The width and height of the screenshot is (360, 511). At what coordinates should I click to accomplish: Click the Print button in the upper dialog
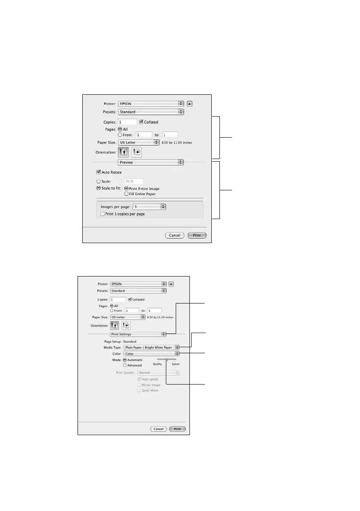pos(197,235)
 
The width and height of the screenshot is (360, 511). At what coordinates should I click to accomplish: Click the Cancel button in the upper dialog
pos(174,235)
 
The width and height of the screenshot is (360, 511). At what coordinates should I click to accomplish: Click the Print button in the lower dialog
pos(177,429)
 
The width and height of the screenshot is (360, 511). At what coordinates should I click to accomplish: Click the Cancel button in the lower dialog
pos(158,429)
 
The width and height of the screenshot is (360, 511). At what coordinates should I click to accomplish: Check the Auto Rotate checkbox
pos(99,172)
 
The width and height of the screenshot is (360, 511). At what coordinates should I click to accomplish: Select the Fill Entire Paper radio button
pos(126,194)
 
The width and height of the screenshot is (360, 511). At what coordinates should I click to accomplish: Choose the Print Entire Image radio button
pos(126,188)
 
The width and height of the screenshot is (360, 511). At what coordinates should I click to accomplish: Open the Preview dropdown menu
pos(150,162)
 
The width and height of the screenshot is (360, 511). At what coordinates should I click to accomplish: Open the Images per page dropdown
pos(149,206)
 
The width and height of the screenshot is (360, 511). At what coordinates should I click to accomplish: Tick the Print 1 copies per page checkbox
pos(102,213)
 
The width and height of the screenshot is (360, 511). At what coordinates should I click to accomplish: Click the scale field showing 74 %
pos(133,181)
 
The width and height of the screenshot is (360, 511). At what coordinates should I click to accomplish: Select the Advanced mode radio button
pos(125,365)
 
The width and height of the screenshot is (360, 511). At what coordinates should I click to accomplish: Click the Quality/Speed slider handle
pos(166,359)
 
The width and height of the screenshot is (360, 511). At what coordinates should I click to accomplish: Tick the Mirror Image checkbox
pos(138,385)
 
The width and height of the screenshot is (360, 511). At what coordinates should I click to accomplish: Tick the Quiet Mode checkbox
pos(138,391)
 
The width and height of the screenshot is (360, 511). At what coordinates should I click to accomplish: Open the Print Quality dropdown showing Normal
pos(158,373)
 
